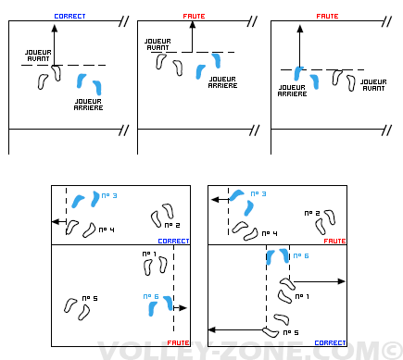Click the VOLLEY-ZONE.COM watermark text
[240, 351]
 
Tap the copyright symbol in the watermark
[393, 351]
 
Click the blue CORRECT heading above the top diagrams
[69, 17]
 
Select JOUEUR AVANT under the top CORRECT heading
[38, 56]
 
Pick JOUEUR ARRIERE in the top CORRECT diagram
[88, 105]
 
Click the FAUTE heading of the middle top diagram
[194, 17]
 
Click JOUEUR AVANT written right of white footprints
[373, 85]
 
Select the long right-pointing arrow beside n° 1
[319, 281]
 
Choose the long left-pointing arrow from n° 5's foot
[236, 329]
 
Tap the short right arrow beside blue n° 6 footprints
[180, 307]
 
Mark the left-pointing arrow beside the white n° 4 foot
[59, 221]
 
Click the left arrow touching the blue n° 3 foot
[220, 200]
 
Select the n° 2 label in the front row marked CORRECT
[172, 225]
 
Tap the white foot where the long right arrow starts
[287, 283]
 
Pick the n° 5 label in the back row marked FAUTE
[90, 298]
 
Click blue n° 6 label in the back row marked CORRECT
[301, 255]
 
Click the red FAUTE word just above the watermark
[178, 342]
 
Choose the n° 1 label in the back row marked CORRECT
[302, 296]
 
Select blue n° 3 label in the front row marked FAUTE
[258, 193]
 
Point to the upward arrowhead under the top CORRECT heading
[55, 29]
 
